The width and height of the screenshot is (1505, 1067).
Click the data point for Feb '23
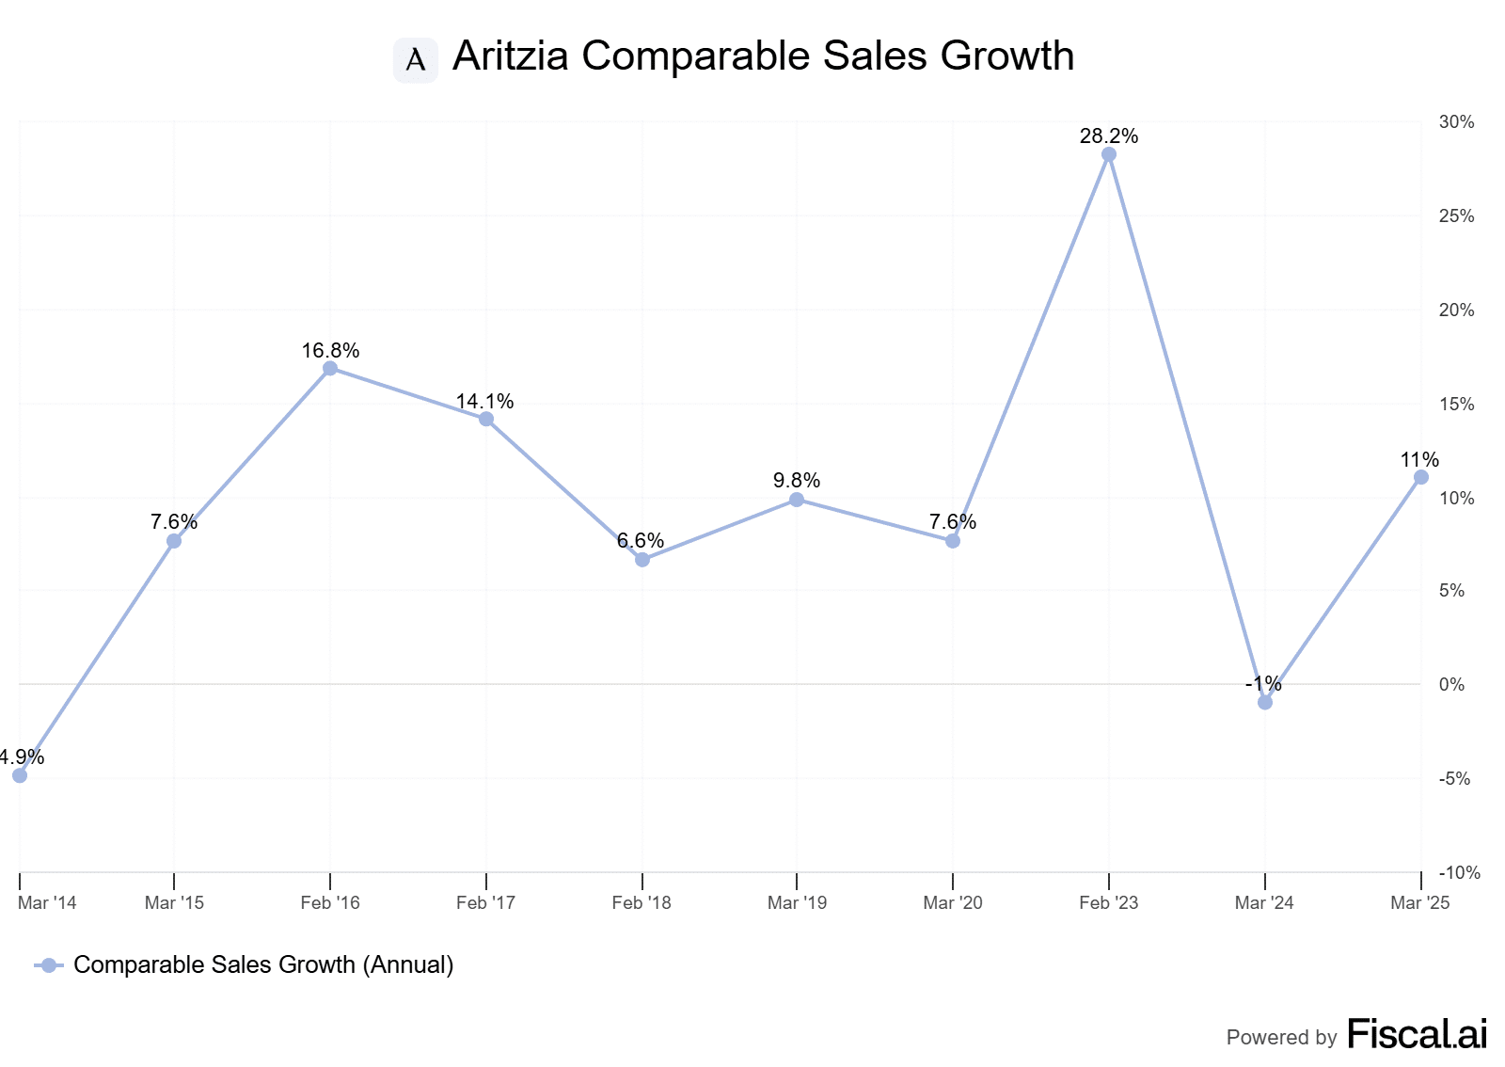pos(1109,154)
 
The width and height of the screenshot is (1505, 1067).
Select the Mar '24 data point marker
pos(1265,702)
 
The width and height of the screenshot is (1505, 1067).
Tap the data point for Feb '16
pos(330,368)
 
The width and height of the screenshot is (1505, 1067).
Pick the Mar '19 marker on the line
pos(797,500)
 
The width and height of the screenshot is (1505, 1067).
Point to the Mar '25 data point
pos(1420,477)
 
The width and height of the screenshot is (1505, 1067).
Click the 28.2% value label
pos(1109,136)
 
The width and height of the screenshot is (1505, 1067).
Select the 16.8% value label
pos(330,351)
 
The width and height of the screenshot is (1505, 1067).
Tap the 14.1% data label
pos(485,402)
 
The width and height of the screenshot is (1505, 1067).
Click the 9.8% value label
pos(797,481)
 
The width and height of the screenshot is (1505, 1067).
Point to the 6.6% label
pos(641,541)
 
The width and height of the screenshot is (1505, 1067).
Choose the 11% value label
pos(1419,460)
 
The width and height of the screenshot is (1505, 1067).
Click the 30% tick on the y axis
pos(1456,122)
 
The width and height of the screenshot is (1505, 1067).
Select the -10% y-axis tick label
pos(1459,873)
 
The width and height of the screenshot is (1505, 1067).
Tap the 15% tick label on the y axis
pos(1456,405)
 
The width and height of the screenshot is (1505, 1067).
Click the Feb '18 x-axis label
pos(642,903)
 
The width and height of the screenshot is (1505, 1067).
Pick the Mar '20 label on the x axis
pos(953,903)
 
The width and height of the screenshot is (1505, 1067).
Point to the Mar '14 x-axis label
pos(47,903)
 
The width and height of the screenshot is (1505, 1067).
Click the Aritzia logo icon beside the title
pos(416,60)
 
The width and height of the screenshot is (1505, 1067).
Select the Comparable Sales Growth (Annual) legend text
pos(263,964)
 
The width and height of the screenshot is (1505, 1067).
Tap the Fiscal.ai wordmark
pos(1418,1034)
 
